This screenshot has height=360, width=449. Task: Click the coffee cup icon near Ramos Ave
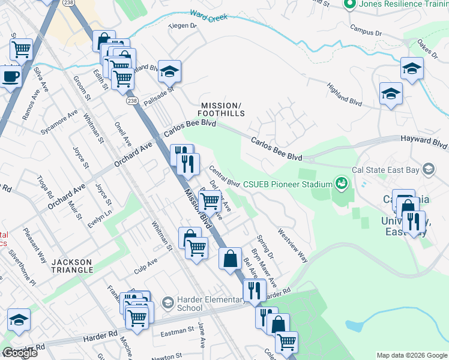click(10, 77)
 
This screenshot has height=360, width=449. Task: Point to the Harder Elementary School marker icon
click(167, 301)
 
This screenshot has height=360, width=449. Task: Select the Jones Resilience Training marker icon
click(351, 4)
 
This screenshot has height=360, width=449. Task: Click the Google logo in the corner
click(19, 353)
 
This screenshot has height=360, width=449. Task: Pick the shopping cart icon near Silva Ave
click(22, 49)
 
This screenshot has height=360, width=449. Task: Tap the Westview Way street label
click(292, 245)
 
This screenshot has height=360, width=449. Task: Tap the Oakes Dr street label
click(429, 48)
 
